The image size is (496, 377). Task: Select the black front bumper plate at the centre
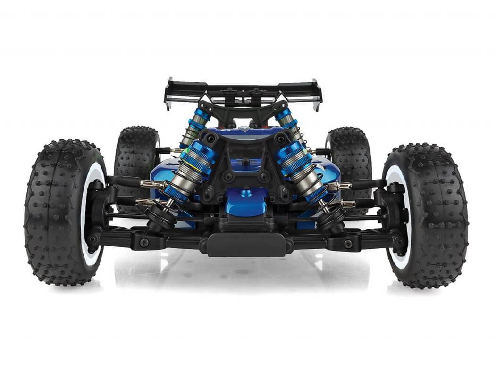(247, 245)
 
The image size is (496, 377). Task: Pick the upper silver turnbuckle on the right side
(340, 186)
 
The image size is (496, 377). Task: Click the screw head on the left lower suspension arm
(143, 243)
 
